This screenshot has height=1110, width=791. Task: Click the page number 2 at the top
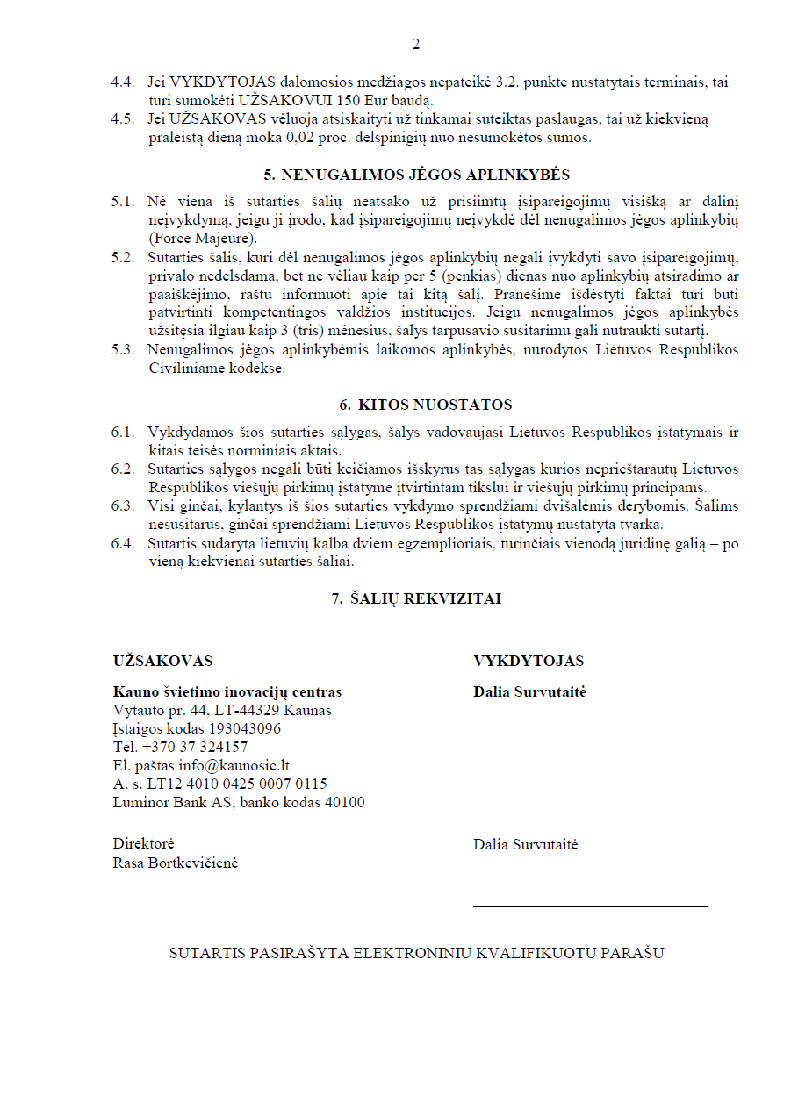click(416, 45)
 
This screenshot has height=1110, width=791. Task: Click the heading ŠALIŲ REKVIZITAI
click(426, 598)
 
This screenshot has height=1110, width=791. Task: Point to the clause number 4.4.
click(123, 82)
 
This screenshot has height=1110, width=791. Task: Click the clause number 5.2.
click(123, 257)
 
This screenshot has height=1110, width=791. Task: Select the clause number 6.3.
click(123, 505)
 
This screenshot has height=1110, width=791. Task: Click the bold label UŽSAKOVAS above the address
click(162, 661)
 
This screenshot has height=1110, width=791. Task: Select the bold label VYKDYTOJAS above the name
click(529, 661)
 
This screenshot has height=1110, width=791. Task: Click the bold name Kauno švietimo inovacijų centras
click(227, 691)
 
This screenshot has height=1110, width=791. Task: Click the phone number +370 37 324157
click(195, 747)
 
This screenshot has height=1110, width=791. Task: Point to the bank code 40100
click(345, 802)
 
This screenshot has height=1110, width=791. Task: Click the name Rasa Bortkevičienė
click(176, 863)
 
